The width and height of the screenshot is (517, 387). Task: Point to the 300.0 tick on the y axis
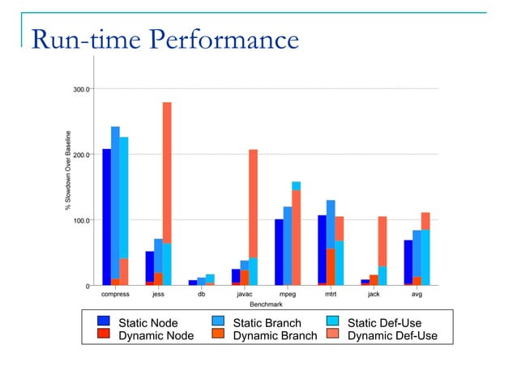point(82,88)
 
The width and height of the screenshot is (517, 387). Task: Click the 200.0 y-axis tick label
point(82,154)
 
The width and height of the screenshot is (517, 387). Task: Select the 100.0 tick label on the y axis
point(82,220)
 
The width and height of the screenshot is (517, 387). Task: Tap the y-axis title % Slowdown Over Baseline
point(69,172)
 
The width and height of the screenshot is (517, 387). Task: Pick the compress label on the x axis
point(115,295)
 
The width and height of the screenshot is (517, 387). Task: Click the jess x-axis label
point(158,295)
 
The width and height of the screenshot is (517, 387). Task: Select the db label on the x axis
point(201,295)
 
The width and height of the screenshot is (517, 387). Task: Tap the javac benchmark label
point(244,295)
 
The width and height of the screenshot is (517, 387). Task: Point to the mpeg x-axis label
point(288,295)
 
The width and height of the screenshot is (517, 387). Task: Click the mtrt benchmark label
point(331,295)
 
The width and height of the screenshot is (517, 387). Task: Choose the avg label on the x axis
point(417,295)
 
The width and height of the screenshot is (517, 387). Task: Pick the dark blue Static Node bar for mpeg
point(279,252)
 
